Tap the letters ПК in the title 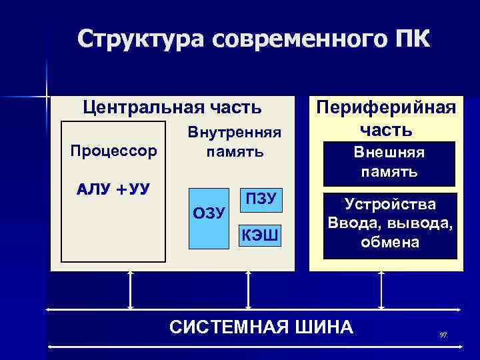click(408, 39)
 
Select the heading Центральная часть click(171, 107)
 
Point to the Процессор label click(114, 150)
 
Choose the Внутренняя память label click(235, 141)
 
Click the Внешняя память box click(389, 163)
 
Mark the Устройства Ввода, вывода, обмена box click(390, 223)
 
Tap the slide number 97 click(443, 334)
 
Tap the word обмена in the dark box click(390, 242)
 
